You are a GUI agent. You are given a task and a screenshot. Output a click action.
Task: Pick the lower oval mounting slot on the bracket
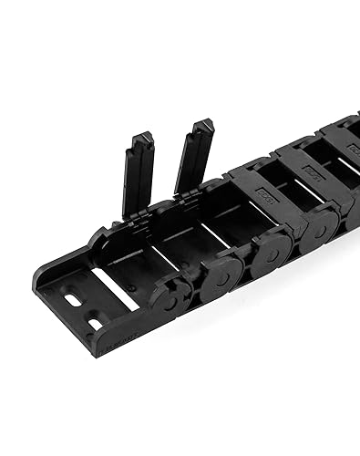94,321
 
